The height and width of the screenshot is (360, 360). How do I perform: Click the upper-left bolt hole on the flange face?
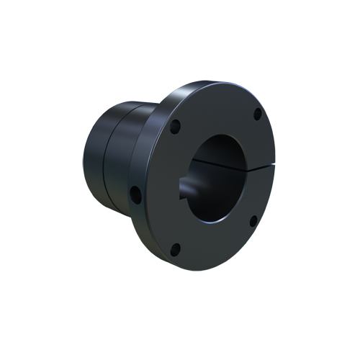point(176,128)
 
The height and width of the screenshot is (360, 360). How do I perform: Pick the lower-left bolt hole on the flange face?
point(175,250)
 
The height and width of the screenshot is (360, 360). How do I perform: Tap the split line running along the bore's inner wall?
point(216,164)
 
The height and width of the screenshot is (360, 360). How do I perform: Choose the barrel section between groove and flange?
point(126,158)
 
